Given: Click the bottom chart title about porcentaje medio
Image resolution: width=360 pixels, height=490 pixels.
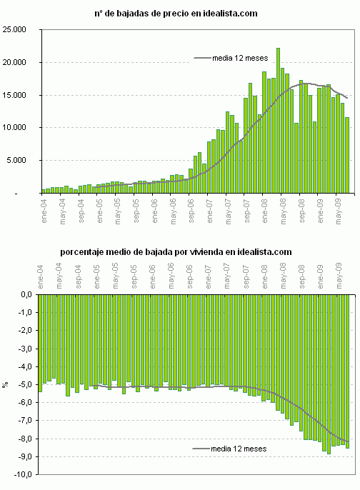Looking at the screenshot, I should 176,251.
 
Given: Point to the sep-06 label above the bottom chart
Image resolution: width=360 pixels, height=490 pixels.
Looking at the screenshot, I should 191,277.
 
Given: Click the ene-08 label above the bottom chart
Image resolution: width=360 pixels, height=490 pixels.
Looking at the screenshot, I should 264,277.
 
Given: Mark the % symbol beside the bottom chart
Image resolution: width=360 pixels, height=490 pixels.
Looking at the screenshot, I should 6,384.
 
